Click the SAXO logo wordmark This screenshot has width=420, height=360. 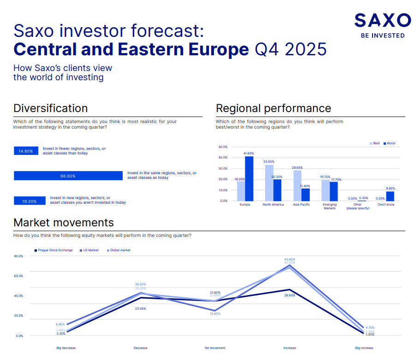[x=382, y=20]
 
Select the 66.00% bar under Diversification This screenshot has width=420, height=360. [x=68, y=176]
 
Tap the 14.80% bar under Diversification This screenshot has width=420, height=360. [x=26, y=151]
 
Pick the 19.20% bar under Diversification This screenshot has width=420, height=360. [x=30, y=201]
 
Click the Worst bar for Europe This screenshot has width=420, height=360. [x=249, y=178]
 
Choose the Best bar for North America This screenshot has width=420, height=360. [x=269, y=183]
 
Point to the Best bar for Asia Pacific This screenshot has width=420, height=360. [x=297, y=185]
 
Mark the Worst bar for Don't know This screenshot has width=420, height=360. [x=390, y=196]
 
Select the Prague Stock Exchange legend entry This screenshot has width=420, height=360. [x=53, y=250]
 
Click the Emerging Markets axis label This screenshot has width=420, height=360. [x=330, y=206]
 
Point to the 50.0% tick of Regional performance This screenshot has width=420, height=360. [x=223, y=147]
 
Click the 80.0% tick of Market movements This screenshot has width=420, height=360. [x=18, y=256]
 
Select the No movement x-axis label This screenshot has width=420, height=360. [x=215, y=348]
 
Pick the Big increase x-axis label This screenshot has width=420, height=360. [x=364, y=348]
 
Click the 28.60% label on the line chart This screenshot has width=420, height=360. [x=290, y=295]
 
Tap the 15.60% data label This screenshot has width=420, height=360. [x=215, y=314]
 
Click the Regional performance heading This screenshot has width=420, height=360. [x=273, y=108]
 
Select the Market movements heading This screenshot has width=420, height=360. [x=64, y=223]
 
